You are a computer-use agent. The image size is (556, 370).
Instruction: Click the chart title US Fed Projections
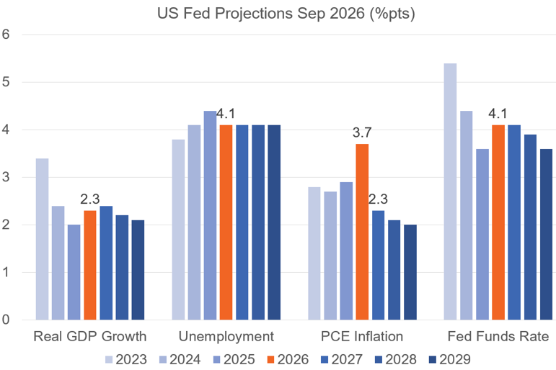[x=225, y=14]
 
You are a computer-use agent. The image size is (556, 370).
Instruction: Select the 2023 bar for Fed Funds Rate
[x=450, y=191]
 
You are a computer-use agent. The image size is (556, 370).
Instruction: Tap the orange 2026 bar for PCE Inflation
[x=362, y=232]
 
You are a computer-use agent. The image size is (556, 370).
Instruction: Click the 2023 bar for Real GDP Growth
[x=43, y=240]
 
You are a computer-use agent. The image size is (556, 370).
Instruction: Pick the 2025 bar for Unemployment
[x=210, y=215]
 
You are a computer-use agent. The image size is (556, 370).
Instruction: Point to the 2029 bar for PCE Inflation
[x=410, y=272]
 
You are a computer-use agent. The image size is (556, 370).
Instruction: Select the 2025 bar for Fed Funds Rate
[x=482, y=235]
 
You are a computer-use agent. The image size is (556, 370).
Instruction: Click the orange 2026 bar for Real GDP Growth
[x=90, y=265]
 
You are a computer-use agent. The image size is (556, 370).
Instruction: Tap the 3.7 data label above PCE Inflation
[x=362, y=132]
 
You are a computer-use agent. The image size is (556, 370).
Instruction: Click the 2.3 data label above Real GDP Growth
[x=90, y=199]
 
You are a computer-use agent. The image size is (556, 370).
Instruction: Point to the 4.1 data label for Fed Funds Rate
[x=498, y=114]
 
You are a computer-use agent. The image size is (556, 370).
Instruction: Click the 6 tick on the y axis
[x=6, y=35]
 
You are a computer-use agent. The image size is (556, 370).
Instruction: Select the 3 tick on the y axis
[x=6, y=177]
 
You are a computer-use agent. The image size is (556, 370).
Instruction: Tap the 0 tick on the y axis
[x=6, y=320]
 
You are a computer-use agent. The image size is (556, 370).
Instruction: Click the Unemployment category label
[x=226, y=337]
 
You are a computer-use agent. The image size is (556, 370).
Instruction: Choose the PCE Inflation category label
[x=362, y=336]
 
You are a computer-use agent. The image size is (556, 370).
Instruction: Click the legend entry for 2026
[x=288, y=359]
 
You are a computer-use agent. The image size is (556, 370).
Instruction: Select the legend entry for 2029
[x=449, y=359]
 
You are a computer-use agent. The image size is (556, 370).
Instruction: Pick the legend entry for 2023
[x=126, y=359]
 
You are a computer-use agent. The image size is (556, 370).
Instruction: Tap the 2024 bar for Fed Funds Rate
[x=467, y=215]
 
